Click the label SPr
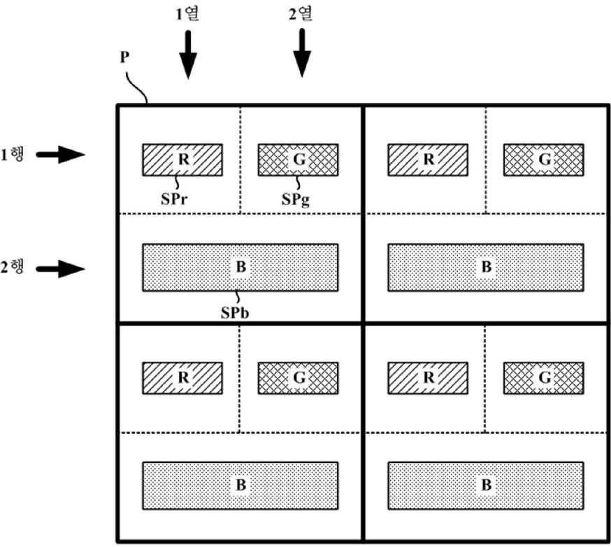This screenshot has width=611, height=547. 174,199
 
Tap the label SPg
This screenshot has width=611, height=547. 296,200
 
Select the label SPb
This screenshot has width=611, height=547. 235,313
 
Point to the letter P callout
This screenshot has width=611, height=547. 124,57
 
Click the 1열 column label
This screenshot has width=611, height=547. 187,14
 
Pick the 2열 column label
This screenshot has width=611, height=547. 301,14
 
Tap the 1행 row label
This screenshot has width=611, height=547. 12,154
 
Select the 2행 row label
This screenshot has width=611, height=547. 12,268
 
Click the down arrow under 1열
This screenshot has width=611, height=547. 188,54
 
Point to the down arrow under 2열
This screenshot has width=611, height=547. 302,53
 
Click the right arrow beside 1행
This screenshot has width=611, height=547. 60,154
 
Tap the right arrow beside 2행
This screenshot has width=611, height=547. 60,269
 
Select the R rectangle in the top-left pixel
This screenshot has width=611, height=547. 182,159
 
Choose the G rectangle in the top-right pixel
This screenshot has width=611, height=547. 544,159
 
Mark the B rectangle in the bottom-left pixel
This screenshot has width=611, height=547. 240,486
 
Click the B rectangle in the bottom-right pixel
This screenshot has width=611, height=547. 486,486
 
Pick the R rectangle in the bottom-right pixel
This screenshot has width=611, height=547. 428,378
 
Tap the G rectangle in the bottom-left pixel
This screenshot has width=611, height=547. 298,378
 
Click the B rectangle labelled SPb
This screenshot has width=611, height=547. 240,268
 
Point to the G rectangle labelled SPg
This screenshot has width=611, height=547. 298,159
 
